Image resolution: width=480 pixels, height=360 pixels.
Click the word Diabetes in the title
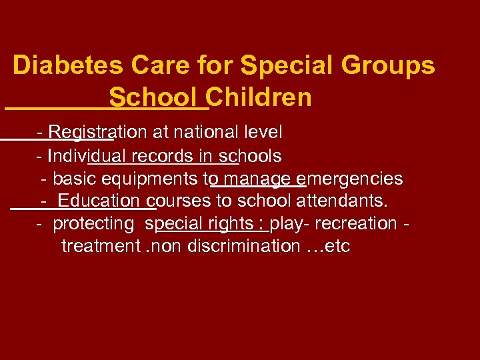[68, 66]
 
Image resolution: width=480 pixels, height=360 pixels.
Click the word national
[198, 133]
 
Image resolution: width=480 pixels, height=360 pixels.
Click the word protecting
[93, 223]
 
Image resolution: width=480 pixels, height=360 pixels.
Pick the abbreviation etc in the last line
[337, 246]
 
